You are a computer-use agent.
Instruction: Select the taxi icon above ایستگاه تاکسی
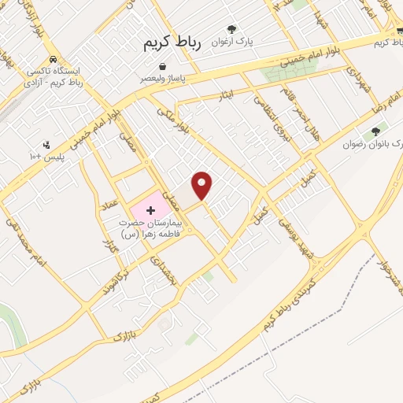point(52,60)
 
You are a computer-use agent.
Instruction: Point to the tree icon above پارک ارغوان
point(231,29)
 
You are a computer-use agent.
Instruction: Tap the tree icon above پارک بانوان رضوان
point(375,131)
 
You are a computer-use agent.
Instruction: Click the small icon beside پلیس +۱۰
point(46,145)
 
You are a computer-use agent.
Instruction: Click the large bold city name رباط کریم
point(172,44)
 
